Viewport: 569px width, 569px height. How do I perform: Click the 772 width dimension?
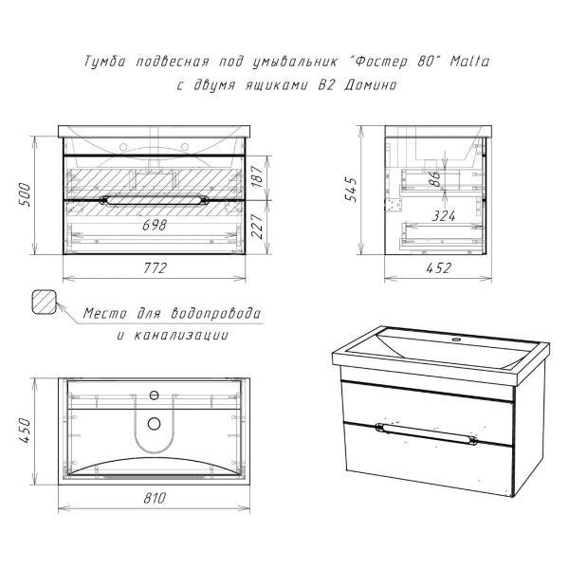coord(156,268)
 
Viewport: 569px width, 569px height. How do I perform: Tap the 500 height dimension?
coord(26,194)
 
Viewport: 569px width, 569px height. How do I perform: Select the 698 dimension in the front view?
coord(155,226)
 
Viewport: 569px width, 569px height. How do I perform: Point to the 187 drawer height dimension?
coord(257,176)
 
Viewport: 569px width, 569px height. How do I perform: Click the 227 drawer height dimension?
coord(257,226)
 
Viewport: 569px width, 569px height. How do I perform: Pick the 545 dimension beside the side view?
coord(351,190)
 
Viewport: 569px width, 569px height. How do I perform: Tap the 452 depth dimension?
coord(439,268)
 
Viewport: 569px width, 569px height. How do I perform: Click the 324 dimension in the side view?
coord(444,216)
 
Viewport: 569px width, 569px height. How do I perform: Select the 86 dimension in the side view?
coord(435,178)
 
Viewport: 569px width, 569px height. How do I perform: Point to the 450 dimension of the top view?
coord(26,431)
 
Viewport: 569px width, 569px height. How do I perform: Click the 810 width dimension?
coord(155,498)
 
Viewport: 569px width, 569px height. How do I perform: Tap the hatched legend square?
coord(45,302)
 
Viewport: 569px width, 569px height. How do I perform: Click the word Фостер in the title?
coord(380,62)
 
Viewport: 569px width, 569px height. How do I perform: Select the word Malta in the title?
coord(470,61)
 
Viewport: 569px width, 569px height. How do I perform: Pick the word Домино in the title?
coord(370,85)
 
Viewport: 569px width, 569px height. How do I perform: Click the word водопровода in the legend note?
coord(215,313)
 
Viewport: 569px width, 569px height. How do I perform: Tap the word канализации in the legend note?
coord(181,335)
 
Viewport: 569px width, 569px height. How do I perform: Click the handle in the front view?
coord(155,200)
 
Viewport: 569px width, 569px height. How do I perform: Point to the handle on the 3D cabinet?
coord(427,433)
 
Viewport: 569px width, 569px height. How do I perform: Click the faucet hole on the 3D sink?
coord(456,340)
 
